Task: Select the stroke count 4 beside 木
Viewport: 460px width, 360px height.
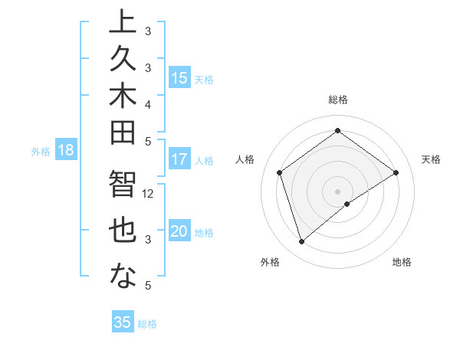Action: [148, 103]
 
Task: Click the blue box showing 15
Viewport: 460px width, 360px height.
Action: [179, 78]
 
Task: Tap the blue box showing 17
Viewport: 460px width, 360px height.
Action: [179, 160]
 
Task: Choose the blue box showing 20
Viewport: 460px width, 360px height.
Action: [179, 232]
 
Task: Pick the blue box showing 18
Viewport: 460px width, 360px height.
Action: [66, 151]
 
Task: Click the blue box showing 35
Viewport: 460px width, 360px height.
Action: [123, 322]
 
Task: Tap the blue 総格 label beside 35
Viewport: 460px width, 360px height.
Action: [148, 324]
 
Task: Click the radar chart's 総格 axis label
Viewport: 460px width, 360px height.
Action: [337, 100]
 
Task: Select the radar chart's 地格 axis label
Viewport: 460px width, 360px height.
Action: [402, 262]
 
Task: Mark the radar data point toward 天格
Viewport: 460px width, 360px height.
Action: [396, 172]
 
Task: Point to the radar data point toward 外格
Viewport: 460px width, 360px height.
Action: [301, 242]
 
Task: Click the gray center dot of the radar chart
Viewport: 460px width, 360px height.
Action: [337, 191]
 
